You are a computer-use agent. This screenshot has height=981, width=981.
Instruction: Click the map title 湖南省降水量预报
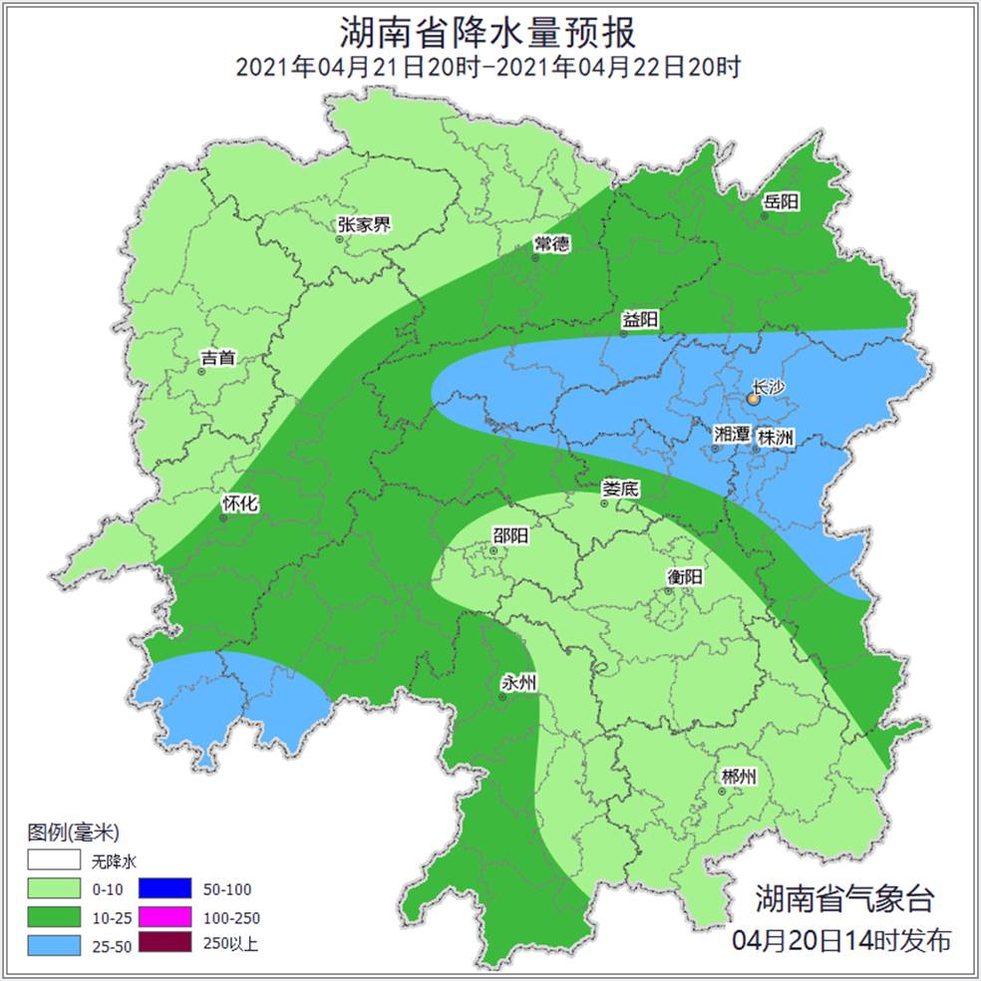(489, 33)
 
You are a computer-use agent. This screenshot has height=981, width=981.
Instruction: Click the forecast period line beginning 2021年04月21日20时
(489, 68)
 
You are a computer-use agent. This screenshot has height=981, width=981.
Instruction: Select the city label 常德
(551, 244)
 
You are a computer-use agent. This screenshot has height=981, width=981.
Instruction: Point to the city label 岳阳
(782, 202)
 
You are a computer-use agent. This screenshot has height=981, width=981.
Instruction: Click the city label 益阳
(639, 320)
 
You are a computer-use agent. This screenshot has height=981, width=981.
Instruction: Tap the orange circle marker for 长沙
(754, 399)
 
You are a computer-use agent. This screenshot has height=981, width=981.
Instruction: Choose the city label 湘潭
(732, 435)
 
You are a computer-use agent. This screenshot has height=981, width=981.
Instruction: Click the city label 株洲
(776, 437)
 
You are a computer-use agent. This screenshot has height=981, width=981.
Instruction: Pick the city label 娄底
(620, 489)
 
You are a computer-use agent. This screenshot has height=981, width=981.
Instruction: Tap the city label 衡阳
(685, 576)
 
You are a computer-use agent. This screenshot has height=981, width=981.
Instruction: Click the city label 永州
(518, 683)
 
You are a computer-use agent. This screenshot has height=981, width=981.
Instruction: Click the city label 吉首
(217, 357)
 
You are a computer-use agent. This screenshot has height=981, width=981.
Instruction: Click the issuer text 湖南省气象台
(844, 898)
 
